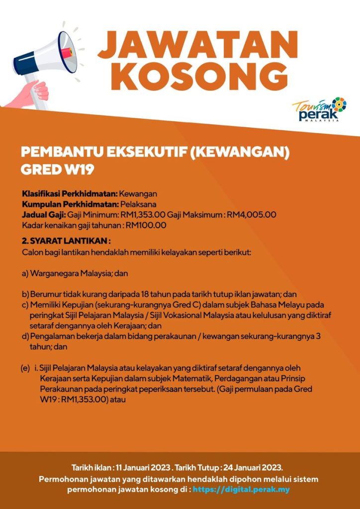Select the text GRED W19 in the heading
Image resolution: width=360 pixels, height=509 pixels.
[x=57, y=169]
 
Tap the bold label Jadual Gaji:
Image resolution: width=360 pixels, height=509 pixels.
[x=44, y=215]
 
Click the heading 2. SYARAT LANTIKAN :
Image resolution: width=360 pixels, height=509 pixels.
[x=66, y=241]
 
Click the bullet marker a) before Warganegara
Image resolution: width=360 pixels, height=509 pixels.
[x=25, y=273]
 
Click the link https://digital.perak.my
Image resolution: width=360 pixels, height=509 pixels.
[x=241, y=489]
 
